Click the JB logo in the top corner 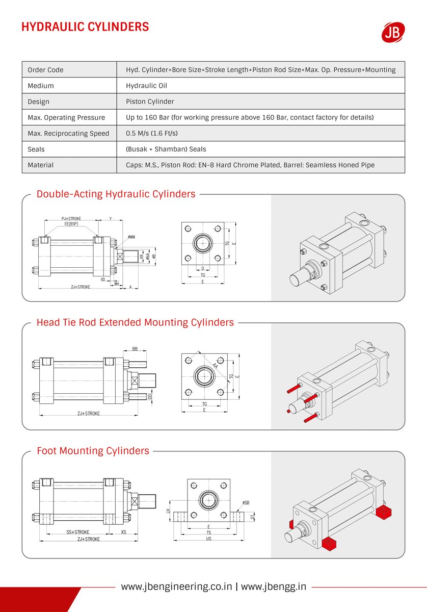click(x=393, y=32)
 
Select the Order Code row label click(x=45, y=70)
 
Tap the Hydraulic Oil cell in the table click(x=146, y=86)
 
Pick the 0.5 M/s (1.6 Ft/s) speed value click(x=151, y=134)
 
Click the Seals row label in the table click(x=36, y=149)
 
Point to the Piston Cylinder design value click(x=150, y=101)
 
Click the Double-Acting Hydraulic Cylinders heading click(x=116, y=194)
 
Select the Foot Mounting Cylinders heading click(x=93, y=451)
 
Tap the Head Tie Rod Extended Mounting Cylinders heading click(x=135, y=322)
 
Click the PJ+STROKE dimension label click(x=71, y=219)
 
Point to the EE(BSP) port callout click(x=71, y=224)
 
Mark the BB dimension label click(x=135, y=349)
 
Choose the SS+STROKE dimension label click(x=77, y=532)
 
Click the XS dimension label click(x=124, y=532)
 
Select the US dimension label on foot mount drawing click(x=208, y=539)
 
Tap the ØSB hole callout click(x=246, y=503)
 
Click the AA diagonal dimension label click(x=216, y=366)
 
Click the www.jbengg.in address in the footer click(x=274, y=586)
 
